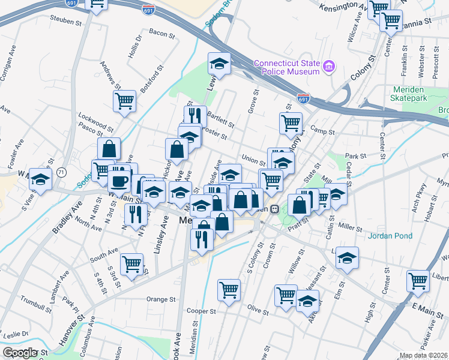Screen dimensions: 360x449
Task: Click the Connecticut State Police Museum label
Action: coord(286,67)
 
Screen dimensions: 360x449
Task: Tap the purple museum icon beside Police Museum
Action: coord(328,66)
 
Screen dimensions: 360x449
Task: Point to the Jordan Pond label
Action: coord(390,236)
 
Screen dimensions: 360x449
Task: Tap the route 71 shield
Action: coord(61,173)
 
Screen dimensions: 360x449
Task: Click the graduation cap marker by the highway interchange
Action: coord(220,63)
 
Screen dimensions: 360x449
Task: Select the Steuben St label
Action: coord(66,22)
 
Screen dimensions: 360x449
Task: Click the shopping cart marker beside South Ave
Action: coord(131,263)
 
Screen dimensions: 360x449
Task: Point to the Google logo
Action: coord(20,353)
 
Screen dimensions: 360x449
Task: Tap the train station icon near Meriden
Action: coord(274,209)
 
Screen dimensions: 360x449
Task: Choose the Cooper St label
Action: coord(200,311)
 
